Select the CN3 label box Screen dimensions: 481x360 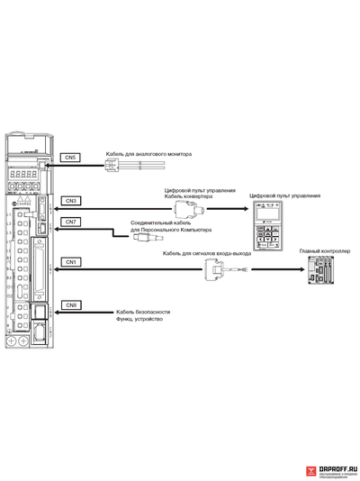click(x=71, y=200)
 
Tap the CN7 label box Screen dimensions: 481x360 click(x=71, y=222)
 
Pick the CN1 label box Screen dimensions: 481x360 click(x=71, y=261)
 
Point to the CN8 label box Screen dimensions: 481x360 click(x=71, y=305)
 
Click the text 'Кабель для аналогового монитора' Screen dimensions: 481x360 click(x=148, y=154)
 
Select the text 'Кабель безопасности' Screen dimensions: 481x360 click(x=136, y=312)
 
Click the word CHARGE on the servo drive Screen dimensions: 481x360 click(x=22, y=204)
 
